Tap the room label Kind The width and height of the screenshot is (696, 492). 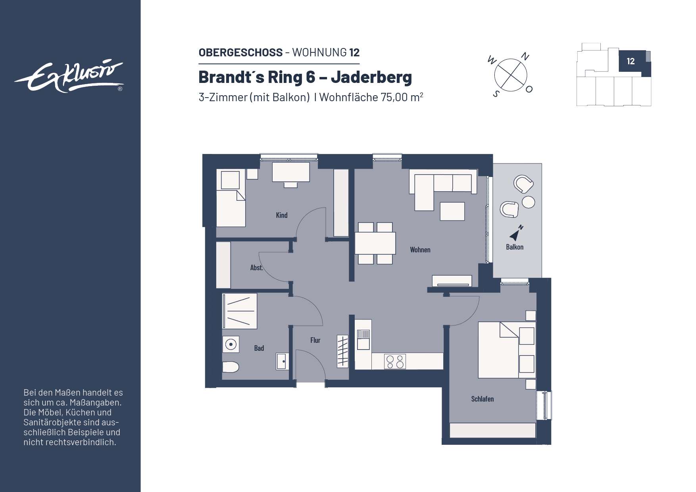281,215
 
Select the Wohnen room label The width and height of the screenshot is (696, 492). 420,250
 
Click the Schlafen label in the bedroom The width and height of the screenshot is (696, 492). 482,399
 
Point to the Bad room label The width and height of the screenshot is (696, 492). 259,348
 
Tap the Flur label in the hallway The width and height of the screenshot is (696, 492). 315,340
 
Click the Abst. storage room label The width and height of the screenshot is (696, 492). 256,267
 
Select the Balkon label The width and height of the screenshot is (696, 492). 514,247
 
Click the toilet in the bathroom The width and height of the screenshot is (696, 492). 230,367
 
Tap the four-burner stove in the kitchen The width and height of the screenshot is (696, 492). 395,361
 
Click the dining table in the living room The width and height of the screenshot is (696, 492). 375,243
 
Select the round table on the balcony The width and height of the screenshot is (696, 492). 528,202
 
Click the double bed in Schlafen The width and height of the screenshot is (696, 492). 498,350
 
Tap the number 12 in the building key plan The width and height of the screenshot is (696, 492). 631,61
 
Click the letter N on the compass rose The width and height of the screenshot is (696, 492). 525,57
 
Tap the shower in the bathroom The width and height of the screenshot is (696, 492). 239,311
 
